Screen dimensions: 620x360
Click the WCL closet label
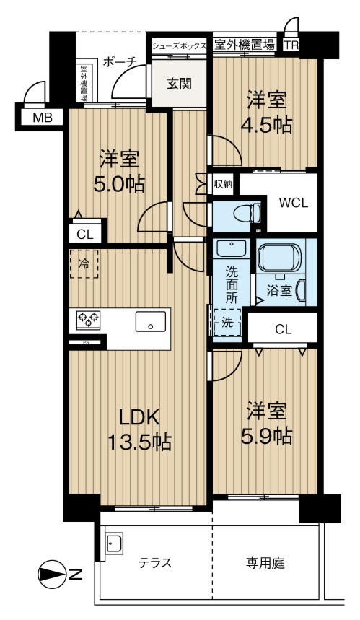click(x=294, y=203)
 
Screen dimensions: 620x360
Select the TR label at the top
click(x=291, y=45)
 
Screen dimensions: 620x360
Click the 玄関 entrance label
click(x=180, y=84)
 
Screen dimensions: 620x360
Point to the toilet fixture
click(x=247, y=214)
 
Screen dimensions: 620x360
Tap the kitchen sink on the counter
click(x=149, y=326)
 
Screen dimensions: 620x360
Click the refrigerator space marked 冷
click(x=85, y=264)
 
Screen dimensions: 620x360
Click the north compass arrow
click(x=53, y=575)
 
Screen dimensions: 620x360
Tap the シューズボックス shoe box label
click(x=180, y=45)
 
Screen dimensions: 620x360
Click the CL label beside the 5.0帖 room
click(x=84, y=233)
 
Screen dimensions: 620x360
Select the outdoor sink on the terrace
click(x=115, y=543)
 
